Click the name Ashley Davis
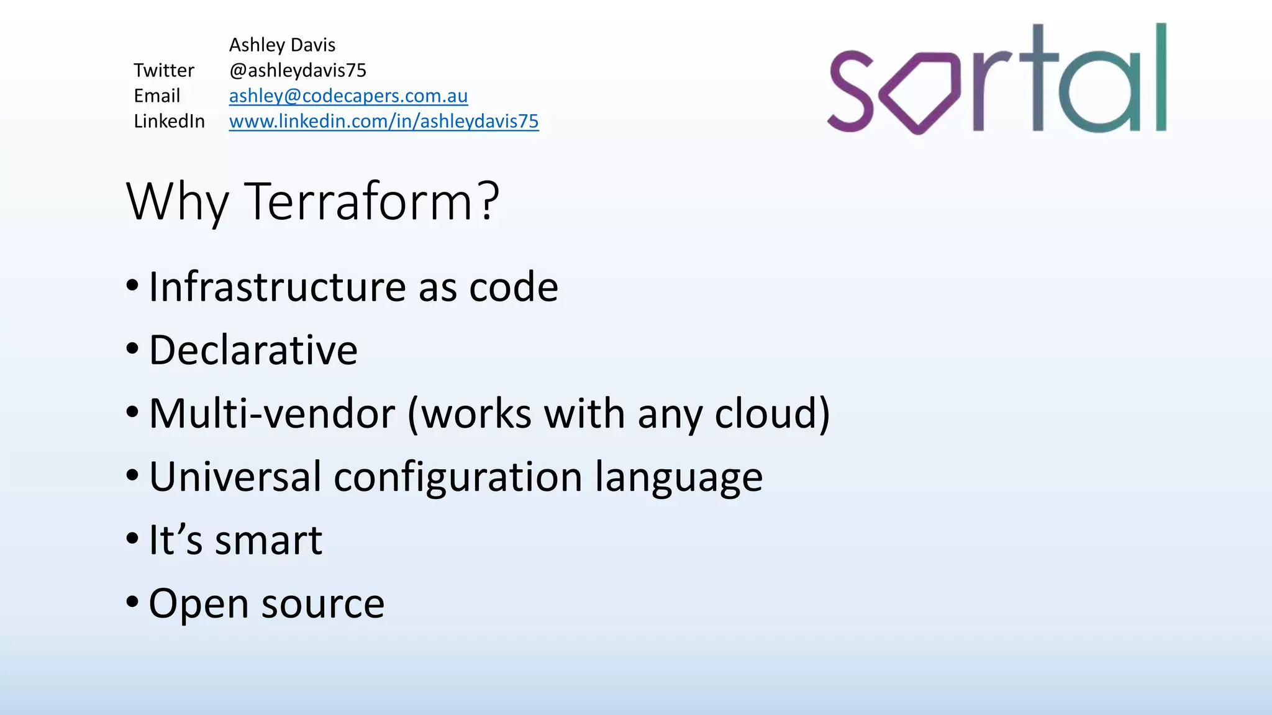pyautogui.click(x=282, y=45)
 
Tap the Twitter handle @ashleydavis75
pyautogui.click(x=298, y=71)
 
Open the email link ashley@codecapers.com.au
pyautogui.click(x=348, y=96)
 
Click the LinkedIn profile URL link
pyautogui.click(x=383, y=122)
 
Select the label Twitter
pyautogui.click(x=164, y=71)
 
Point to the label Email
pyautogui.click(x=157, y=96)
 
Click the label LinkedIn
pyautogui.click(x=169, y=122)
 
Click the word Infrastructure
pyautogui.click(x=277, y=287)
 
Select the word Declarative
pyautogui.click(x=253, y=351)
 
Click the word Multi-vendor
pyautogui.click(x=272, y=414)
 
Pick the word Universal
pyautogui.click(x=235, y=477)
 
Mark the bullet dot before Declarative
pyautogui.click(x=132, y=349)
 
